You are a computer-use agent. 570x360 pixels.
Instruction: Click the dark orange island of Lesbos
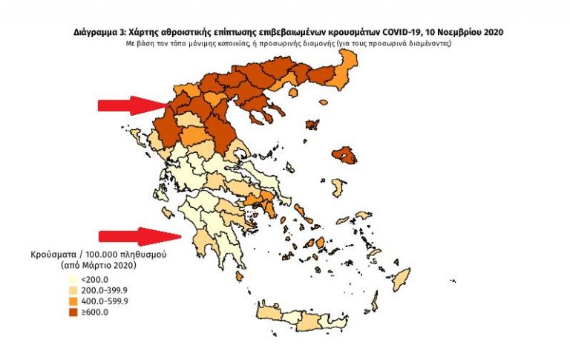pos(344,156)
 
